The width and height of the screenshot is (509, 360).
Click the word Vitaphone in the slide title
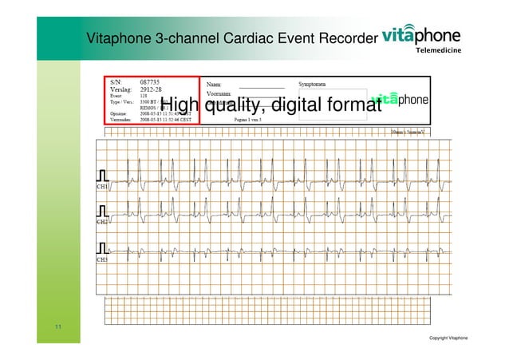click(x=119, y=38)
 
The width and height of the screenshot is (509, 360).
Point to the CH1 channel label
click(x=102, y=185)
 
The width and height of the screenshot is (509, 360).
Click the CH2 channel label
click(x=102, y=222)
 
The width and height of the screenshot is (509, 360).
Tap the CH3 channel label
click(x=102, y=259)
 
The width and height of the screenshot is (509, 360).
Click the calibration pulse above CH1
click(x=102, y=174)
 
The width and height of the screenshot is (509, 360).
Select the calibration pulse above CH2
click(x=102, y=211)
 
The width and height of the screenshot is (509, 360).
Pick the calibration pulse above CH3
click(x=102, y=247)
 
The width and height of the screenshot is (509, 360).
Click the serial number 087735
click(x=150, y=82)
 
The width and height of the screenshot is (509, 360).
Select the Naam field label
click(x=215, y=83)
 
